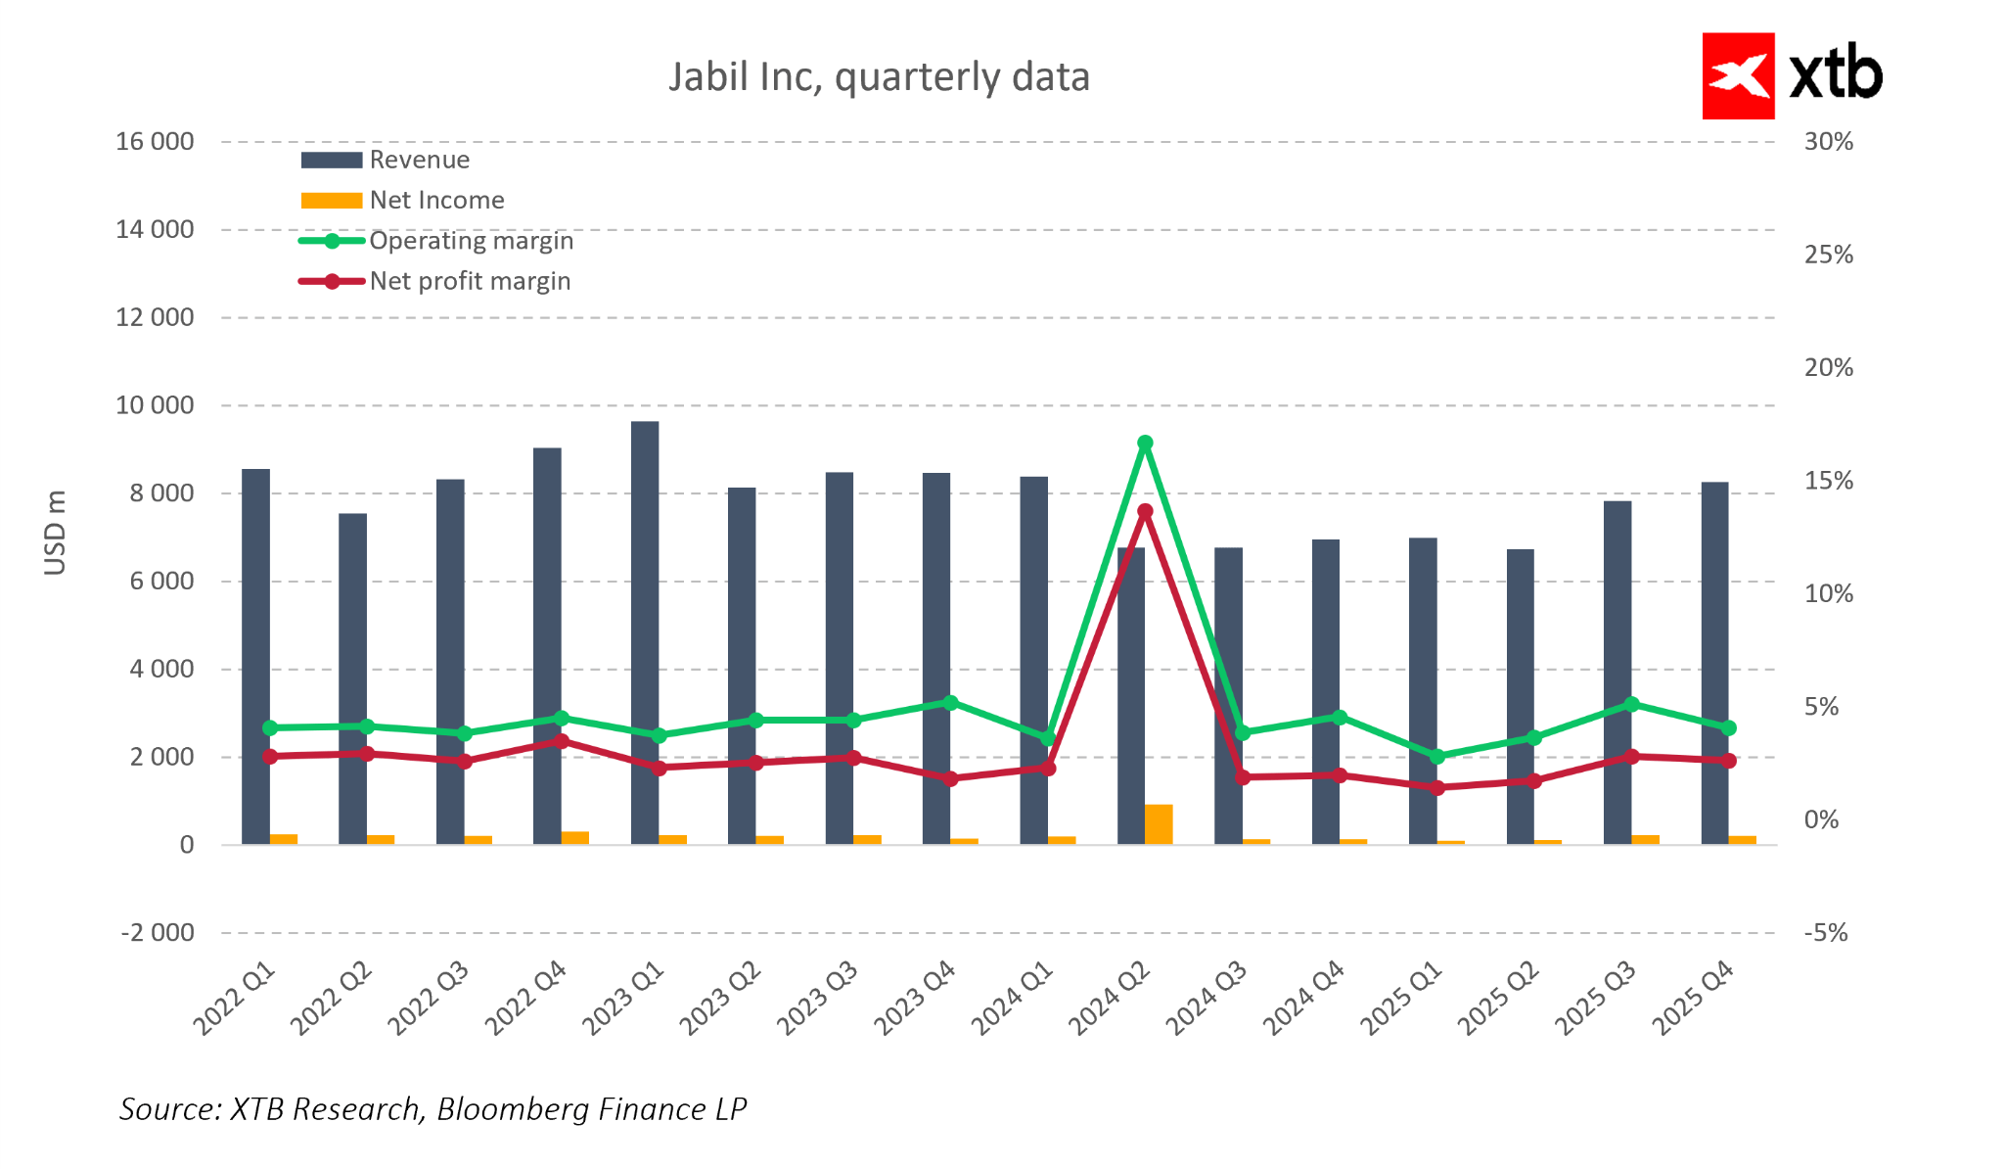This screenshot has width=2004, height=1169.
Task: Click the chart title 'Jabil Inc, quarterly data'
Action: [x=878, y=77]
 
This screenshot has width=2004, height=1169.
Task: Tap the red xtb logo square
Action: [x=1738, y=76]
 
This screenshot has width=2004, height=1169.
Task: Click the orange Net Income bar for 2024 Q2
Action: [x=1159, y=824]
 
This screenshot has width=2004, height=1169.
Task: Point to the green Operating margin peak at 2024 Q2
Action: [x=1145, y=444]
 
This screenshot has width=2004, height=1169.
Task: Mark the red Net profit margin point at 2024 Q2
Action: [x=1145, y=511]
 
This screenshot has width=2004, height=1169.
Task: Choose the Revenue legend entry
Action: [x=418, y=160]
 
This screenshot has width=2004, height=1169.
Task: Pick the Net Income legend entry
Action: [x=435, y=200]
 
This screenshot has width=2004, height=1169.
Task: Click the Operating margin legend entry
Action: [x=470, y=241]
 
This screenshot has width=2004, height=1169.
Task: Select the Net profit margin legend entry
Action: [x=469, y=281]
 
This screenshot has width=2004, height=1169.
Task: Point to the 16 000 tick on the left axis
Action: [x=155, y=142]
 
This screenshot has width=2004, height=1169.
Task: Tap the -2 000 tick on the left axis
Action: [x=158, y=933]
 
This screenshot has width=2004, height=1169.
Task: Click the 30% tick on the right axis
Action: [x=1828, y=142]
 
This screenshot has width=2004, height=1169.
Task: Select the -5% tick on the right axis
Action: [x=1825, y=933]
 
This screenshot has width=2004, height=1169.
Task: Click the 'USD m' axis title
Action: [x=56, y=533]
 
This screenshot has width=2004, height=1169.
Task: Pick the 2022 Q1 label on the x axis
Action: [x=235, y=999]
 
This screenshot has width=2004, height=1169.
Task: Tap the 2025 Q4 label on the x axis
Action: [x=1694, y=999]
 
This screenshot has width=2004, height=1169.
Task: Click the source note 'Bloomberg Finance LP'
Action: [x=591, y=1109]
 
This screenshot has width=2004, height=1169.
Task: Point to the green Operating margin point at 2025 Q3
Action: [x=1631, y=704]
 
